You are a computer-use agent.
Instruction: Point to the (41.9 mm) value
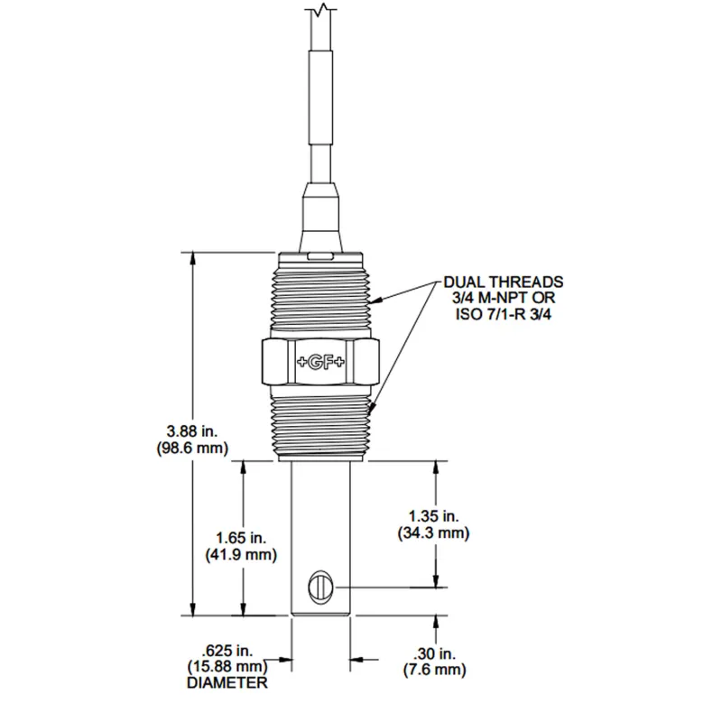click(x=242, y=554)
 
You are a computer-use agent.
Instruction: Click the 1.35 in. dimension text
click(x=433, y=516)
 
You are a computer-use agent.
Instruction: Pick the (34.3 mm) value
click(x=433, y=534)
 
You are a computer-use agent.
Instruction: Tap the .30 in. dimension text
click(x=434, y=653)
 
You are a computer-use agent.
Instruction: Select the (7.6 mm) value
click(x=434, y=670)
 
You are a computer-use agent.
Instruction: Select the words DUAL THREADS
click(x=504, y=282)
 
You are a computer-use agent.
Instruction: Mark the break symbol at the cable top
click(x=320, y=11)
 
